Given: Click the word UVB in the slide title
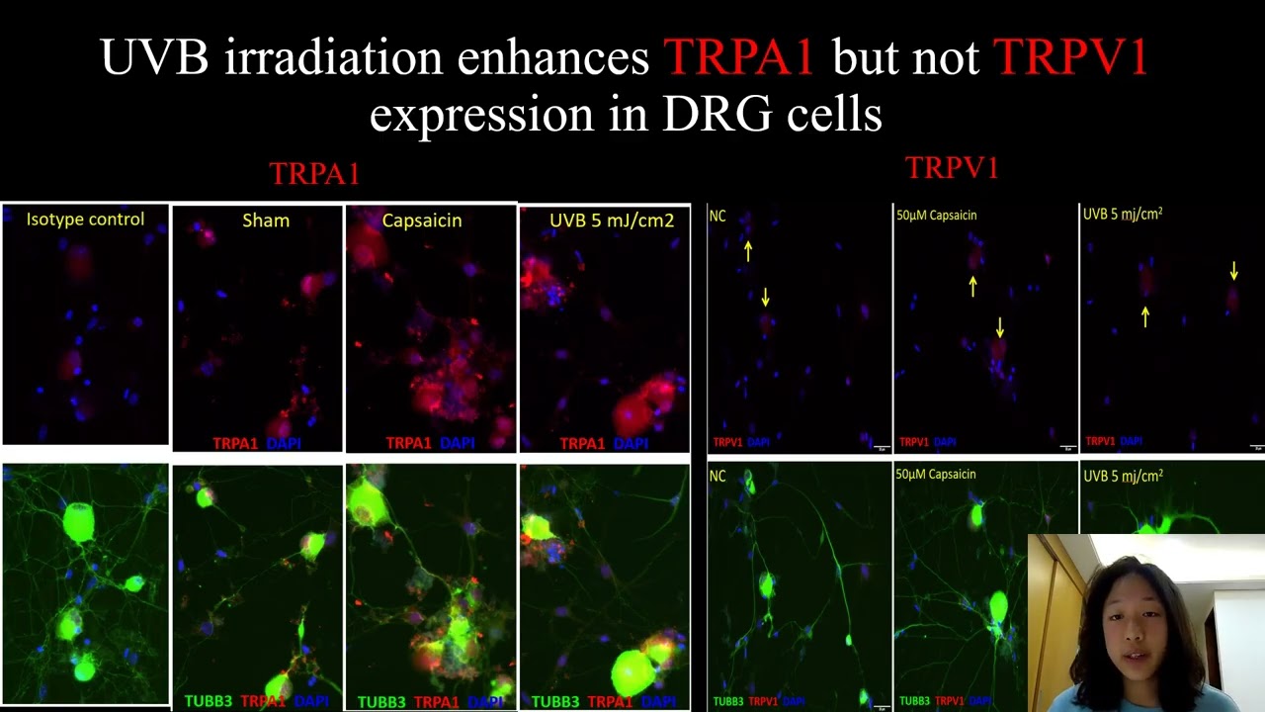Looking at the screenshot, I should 154,58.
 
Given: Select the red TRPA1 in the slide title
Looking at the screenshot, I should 738,58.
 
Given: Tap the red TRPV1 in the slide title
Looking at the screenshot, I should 1070,58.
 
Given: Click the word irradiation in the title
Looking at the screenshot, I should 332,58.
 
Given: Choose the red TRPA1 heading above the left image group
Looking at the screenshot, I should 314,174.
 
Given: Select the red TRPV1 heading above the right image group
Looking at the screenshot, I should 952,169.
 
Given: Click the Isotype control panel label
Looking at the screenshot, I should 85,220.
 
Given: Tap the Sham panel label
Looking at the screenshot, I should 266,221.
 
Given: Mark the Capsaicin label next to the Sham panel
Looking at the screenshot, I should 422,221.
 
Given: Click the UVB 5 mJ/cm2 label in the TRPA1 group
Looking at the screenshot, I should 612,221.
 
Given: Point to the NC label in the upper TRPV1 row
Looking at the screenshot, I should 717,216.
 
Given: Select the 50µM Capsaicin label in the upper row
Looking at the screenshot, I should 936,215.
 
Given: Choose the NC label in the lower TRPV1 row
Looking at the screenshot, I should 717,476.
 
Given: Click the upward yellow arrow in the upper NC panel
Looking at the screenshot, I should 748,251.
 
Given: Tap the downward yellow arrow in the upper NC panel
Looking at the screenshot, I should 765,296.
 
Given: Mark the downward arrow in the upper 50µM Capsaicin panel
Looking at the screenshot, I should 1000,326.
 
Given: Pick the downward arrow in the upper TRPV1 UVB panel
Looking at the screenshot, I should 1233,270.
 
